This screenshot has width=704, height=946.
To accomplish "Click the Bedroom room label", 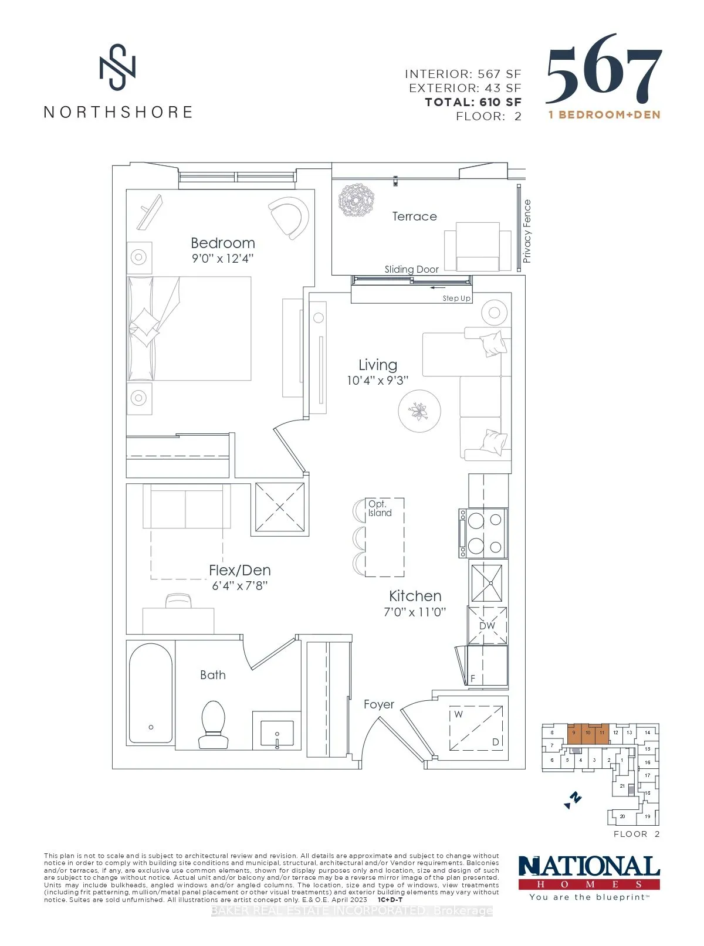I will pos(222,243).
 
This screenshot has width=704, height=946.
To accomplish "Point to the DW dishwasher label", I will pos(488,626).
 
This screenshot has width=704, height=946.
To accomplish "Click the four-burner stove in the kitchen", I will pos(483,533).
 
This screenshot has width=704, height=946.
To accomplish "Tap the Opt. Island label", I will pos(380,508).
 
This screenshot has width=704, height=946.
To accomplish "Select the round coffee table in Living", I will pos(419,411).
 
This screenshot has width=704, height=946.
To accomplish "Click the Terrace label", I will pos(414,216).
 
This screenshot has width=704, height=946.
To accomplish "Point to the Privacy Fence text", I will pos(527,231).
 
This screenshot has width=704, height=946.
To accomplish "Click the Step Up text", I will pos(456,299).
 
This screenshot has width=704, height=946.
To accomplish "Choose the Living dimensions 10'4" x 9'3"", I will pos(377,381).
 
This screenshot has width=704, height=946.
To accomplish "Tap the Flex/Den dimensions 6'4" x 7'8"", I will pos(239,585).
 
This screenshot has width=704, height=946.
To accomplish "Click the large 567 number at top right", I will pos(604,71).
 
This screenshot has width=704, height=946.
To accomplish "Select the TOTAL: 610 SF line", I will pos(473,102).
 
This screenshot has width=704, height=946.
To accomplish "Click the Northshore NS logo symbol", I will pos(117,67).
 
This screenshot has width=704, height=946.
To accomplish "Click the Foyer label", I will pos(378,704).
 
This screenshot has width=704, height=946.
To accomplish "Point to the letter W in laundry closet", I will pos(458,714).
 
